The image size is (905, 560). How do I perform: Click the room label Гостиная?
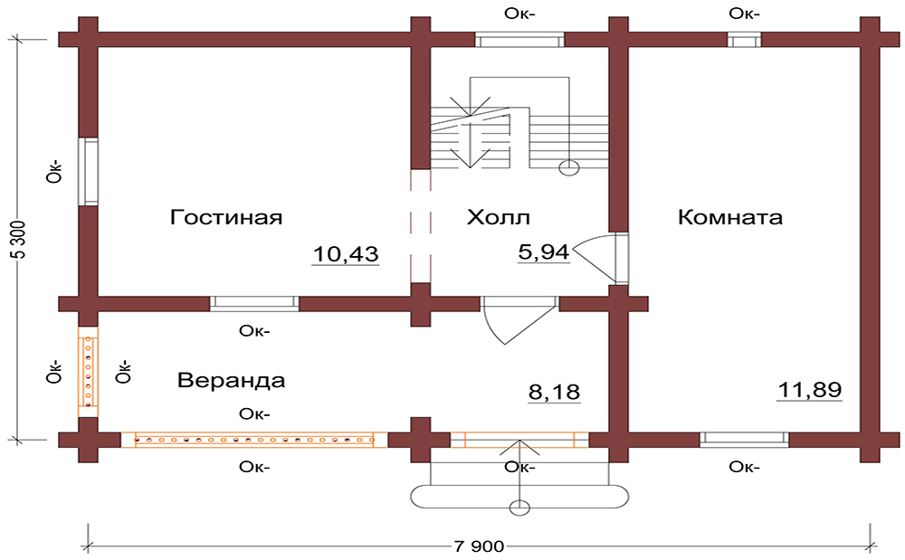(226, 218)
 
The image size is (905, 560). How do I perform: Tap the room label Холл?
(498, 218)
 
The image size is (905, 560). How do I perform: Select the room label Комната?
(729, 218)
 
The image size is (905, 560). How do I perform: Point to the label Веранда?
(231, 380)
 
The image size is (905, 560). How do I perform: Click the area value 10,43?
(345, 255)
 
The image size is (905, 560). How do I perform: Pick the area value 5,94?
(543, 252)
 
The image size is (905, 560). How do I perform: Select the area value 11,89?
(809, 390)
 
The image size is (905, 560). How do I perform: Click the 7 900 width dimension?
(477, 546)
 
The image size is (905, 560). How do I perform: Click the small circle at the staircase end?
(569, 167)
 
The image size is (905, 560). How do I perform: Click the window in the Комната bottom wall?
(744, 440)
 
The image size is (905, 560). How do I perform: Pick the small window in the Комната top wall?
(744, 40)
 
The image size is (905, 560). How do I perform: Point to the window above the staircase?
(519, 40)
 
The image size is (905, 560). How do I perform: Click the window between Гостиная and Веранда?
(254, 304)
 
